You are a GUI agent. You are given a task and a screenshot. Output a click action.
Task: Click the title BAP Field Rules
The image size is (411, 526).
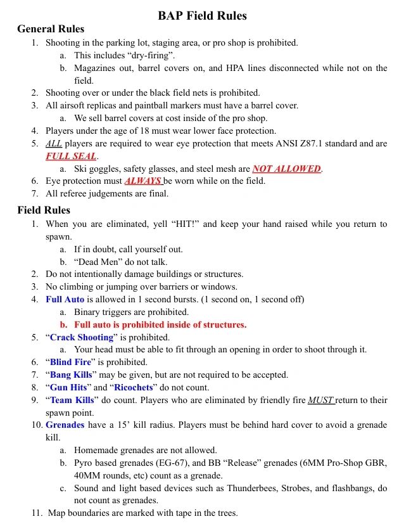click(202, 15)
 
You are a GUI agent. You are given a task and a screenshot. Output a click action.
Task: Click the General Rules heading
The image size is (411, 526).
click(51, 29)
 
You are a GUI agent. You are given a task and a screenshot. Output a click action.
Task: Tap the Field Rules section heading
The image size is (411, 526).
click(44, 210)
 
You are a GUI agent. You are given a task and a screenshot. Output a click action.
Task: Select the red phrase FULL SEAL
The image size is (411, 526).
click(71, 156)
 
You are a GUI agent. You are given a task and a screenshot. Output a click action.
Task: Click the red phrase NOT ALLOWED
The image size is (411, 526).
click(286, 169)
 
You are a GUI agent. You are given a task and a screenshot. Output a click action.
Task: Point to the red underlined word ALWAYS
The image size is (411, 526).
click(143, 181)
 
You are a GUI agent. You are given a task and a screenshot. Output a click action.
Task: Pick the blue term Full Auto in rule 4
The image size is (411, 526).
click(65, 299)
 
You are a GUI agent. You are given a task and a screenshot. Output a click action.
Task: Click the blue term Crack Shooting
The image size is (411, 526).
click(82, 337)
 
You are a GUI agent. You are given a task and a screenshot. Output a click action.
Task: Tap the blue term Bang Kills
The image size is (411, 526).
click(71, 375)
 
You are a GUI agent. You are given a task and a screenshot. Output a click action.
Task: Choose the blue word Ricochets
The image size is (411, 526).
click(134, 387)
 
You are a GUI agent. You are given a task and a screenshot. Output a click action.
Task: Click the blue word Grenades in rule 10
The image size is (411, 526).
click(65, 425)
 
